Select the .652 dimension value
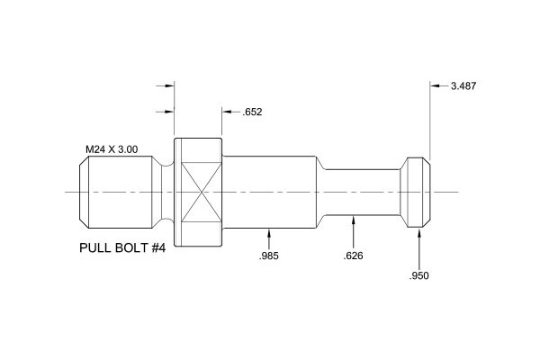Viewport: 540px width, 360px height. pyautogui.click(x=252, y=112)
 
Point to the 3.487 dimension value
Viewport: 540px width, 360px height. pyautogui.click(x=464, y=86)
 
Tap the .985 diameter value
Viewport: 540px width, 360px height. pyautogui.click(x=268, y=257)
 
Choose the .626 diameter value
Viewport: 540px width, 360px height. pyautogui.click(x=353, y=257)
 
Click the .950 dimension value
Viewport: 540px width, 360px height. pyautogui.click(x=419, y=275)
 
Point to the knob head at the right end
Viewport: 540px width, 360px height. pyautogui.click(x=415, y=193)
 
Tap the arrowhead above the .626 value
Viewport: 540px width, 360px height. pyautogui.click(x=353, y=217)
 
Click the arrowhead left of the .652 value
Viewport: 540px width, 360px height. pyautogui.click(x=226, y=112)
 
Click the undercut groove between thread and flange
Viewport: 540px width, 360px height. pyautogui.click(x=166, y=193)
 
